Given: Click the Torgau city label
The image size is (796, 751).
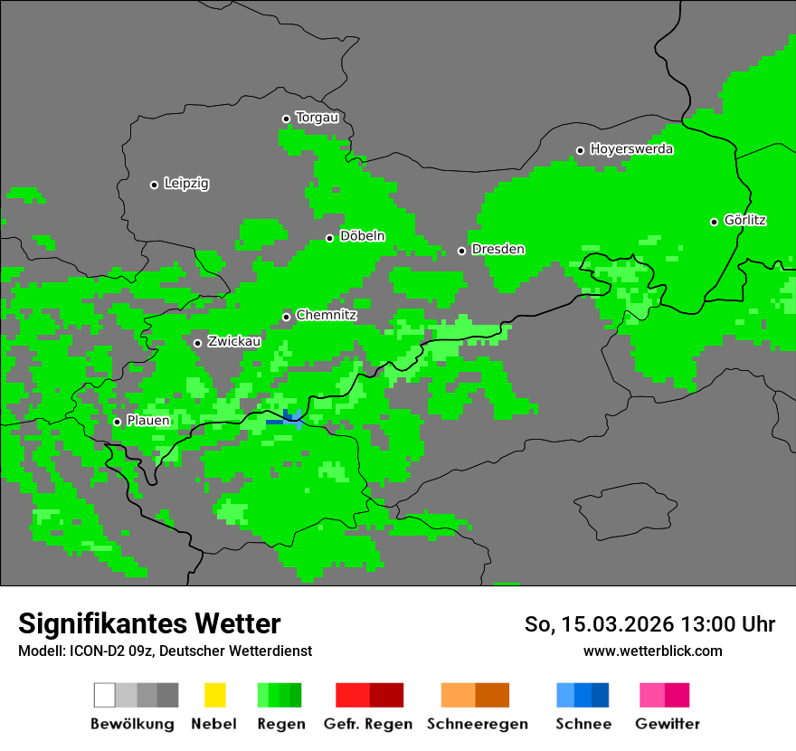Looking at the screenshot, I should click(317, 118).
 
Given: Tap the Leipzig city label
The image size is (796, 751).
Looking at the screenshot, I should click(186, 184).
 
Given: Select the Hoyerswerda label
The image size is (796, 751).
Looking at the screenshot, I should click(631, 149).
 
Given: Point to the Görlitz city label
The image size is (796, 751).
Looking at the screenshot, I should click(745, 220).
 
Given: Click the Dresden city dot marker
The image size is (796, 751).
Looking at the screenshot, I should click(461, 251).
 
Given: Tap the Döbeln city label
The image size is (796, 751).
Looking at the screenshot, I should click(362, 236).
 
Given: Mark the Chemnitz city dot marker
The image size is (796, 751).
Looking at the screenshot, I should click(286, 317).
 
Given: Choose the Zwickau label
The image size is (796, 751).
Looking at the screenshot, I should click(234, 341).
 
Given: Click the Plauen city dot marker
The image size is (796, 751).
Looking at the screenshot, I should click(117, 422).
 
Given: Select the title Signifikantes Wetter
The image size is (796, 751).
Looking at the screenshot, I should click(149, 623).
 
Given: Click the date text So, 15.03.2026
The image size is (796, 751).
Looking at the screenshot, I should click(600, 624).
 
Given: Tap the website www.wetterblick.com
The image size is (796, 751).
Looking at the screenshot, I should click(652, 651).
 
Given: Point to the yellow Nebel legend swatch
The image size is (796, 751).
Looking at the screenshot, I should click(214, 695).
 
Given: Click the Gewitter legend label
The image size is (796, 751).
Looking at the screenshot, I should click(668, 724).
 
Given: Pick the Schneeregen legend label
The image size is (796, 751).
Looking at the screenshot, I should click(478, 724).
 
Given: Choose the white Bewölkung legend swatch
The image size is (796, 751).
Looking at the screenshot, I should click(104, 695).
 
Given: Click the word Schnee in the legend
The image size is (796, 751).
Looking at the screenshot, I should click(583, 724).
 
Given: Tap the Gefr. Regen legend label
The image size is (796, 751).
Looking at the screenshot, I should click(368, 724).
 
